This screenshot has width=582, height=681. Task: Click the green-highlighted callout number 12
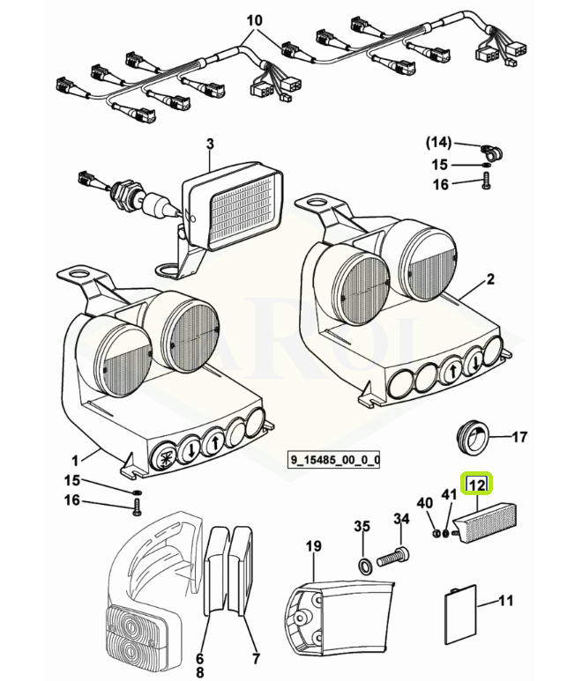coord(477,484)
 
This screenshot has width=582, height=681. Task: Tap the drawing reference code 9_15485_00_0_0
coord(333,460)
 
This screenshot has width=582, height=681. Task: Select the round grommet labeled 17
coord(473,437)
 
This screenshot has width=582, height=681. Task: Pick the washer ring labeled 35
coord(365,566)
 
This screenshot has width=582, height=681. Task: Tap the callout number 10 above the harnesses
coord(255,20)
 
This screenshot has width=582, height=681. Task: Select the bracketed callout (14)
coord(438,143)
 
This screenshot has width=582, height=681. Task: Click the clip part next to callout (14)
coord(492,152)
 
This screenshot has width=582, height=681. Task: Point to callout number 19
coord(313,546)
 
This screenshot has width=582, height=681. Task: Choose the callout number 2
coord(490,278)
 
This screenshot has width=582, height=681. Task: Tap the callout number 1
coord(75,461)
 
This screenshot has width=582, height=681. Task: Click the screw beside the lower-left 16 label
coord(138,507)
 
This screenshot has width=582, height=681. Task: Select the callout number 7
coord(256,658)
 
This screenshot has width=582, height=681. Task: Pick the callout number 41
coord(450,495)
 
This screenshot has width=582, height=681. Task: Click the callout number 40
coord(425,503)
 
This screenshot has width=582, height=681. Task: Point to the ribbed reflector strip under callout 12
coord(485,522)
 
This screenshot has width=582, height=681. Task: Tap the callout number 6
coord(199,658)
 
